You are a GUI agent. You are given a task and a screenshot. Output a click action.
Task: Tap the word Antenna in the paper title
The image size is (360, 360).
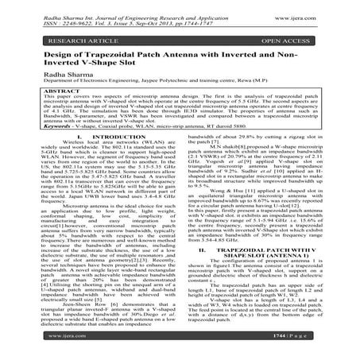pos(224,55)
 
